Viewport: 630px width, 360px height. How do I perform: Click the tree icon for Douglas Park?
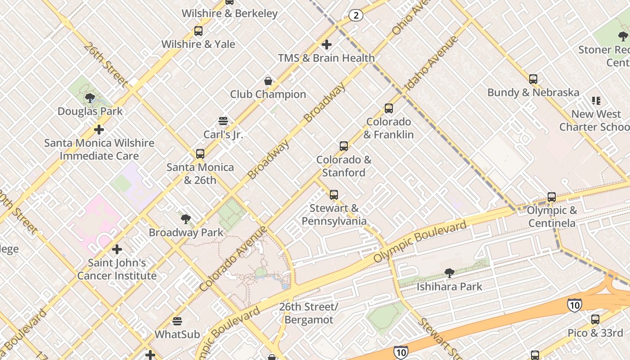point(90,98)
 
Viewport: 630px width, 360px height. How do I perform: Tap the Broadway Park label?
point(186,233)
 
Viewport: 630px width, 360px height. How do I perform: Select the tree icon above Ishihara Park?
point(449,273)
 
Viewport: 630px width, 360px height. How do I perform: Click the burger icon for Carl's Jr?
point(223,121)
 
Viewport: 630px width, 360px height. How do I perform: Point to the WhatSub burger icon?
point(177,321)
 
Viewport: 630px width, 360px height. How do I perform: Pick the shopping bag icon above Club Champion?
point(268,81)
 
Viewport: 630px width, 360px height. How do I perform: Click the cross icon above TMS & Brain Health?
point(327,45)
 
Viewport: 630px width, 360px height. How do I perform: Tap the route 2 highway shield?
point(355,16)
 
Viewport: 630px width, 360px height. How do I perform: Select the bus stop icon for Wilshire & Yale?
point(198,31)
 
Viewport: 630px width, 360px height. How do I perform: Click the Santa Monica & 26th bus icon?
point(200,154)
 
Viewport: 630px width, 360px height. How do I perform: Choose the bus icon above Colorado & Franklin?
point(389,108)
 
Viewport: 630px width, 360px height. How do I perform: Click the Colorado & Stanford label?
point(344,166)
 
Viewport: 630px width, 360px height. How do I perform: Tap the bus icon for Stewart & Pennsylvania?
point(334,195)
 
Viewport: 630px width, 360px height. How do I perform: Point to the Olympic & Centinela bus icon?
point(552,197)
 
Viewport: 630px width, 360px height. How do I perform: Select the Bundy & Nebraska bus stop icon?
point(533,79)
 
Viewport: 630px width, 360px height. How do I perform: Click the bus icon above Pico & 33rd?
point(595,319)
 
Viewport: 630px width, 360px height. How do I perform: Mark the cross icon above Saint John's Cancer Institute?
point(117,249)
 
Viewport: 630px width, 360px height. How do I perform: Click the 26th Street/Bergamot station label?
point(309,313)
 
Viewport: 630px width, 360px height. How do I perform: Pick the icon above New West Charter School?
point(596,101)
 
